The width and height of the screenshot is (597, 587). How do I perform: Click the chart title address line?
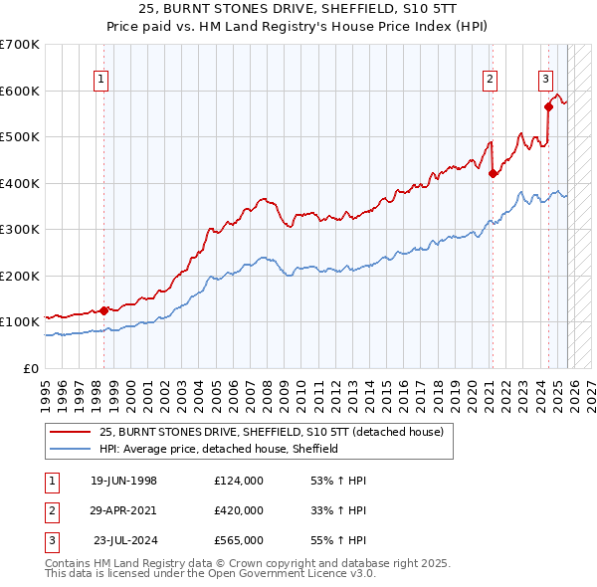coord(298,9)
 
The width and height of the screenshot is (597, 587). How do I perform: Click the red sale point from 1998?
coord(104,310)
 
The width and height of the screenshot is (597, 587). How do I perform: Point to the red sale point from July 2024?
coord(548,106)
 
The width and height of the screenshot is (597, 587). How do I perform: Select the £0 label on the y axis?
coord(29,368)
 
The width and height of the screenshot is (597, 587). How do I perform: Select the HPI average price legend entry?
coord(219,449)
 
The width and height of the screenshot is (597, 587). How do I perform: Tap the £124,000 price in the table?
coord(238,481)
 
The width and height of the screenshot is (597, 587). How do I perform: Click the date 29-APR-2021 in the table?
coord(123,510)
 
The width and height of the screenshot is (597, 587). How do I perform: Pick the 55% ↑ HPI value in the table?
coord(338,540)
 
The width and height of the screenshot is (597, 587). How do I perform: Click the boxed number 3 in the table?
coord(51,540)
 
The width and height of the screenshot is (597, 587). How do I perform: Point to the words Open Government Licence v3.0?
coord(297,574)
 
